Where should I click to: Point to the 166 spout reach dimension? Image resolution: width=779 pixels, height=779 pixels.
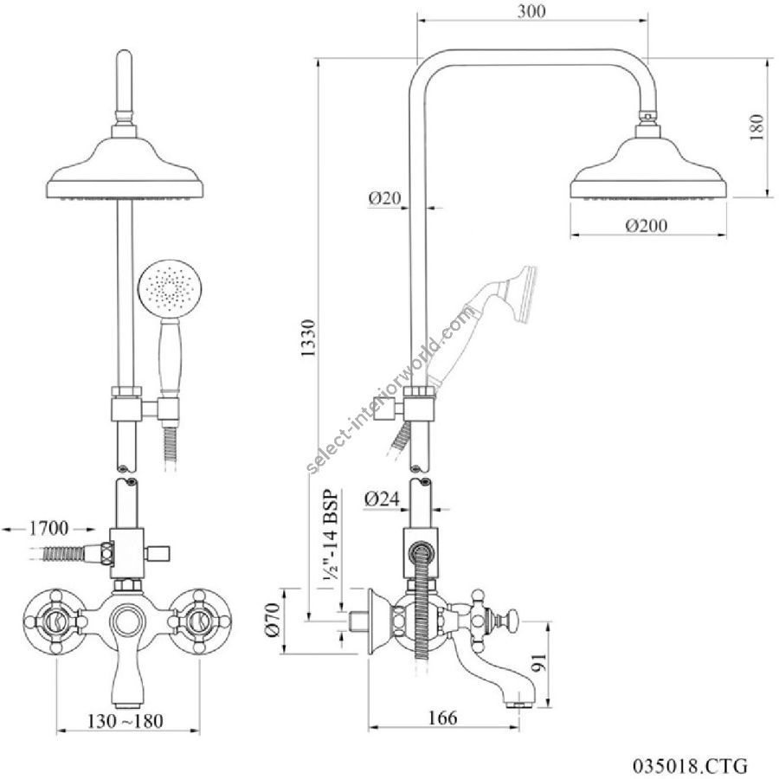pyautogui.click(x=442, y=718)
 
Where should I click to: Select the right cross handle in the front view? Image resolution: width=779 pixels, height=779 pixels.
pyautogui.click(x=202, y=620)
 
